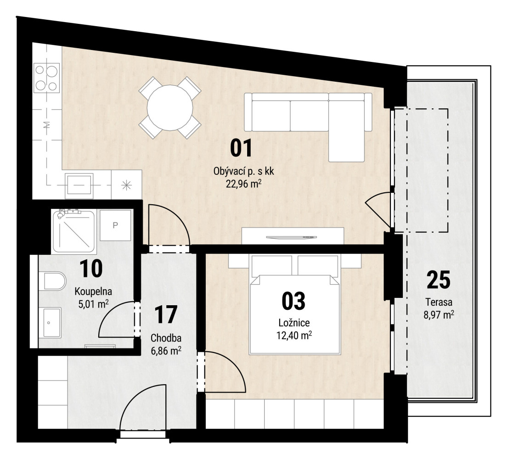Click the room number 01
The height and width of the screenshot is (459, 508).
241,148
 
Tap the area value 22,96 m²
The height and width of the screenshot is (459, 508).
243,184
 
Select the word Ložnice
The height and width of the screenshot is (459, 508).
294,323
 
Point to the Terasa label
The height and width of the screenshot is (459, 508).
439,302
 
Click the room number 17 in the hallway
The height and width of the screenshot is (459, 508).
166,314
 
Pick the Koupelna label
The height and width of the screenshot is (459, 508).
93,291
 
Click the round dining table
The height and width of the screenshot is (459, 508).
170,107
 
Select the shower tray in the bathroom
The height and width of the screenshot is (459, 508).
74,230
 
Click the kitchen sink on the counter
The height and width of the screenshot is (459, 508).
79,185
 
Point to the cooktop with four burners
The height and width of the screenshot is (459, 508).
47,78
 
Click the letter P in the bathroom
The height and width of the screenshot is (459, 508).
115,225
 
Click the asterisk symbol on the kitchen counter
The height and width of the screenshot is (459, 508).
126,185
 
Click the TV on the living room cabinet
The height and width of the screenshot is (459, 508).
290,237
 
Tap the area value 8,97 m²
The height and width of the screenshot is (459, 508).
439,314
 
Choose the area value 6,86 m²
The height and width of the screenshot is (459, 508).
166,351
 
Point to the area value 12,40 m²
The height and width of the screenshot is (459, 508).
294,336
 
